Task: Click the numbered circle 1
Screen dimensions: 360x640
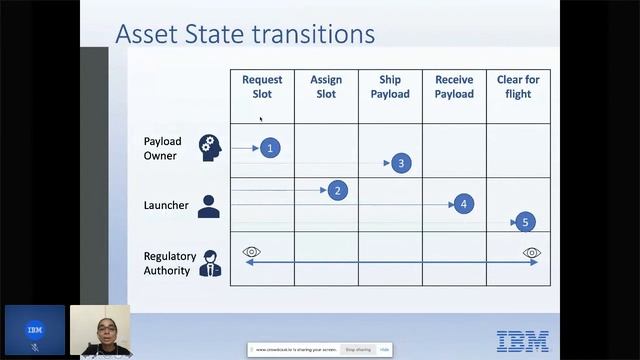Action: tap(269, 148)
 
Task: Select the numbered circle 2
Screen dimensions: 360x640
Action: tap(338, 190)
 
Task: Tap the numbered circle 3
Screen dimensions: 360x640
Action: tap(401, 163)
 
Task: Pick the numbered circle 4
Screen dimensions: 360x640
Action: tap(463, 204)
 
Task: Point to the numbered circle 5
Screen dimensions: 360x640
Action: tap(525, 222)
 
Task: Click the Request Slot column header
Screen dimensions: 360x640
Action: tap(262, 87)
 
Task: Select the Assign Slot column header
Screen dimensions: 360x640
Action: tap(326, 87)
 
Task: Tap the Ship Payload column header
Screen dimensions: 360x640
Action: tap(390, 87)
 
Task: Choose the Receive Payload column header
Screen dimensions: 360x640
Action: tap(454, 87)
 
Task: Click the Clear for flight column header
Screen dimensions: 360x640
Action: tap(518, 87)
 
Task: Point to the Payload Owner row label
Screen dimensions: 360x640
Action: tap(162, 148)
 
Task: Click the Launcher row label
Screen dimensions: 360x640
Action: tap(166, 205)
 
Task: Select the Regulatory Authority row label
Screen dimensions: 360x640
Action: tap(170, 263)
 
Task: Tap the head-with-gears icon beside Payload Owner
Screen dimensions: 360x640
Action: tap(209, 147)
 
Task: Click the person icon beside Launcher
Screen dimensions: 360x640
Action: tap(209, 206)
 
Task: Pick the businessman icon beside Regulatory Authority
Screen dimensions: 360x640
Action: tap(210, 263)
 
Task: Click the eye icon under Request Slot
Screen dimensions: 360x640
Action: tap(251, 252)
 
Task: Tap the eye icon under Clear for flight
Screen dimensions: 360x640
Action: tap(532, 253)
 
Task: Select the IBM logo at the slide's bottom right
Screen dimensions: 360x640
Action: tap(522, 340)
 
